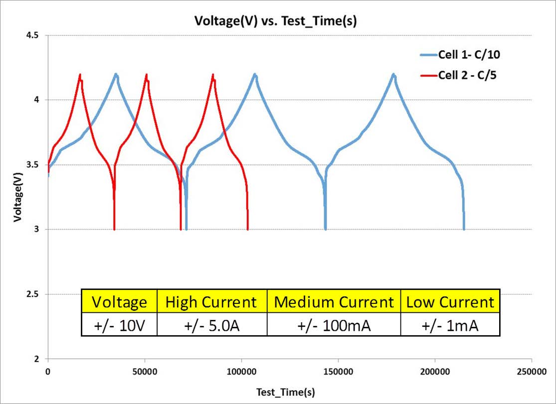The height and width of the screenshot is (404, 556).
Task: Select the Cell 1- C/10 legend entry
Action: (468, 54)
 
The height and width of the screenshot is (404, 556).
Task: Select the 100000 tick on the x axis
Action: (241, 372)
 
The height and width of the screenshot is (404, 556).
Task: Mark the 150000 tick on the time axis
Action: (338, 372)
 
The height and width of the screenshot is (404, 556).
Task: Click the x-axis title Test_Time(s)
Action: (285, 392)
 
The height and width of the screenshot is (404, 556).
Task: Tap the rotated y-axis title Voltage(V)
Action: (18, 197)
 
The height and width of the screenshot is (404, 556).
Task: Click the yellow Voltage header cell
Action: (119, 302)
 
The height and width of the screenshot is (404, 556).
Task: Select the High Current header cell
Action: (212, 302)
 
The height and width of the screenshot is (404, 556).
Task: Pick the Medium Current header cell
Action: (334, 302)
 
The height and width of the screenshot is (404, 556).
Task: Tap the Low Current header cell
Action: (450, 302)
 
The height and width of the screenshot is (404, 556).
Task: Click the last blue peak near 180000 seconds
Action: (394, 75)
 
